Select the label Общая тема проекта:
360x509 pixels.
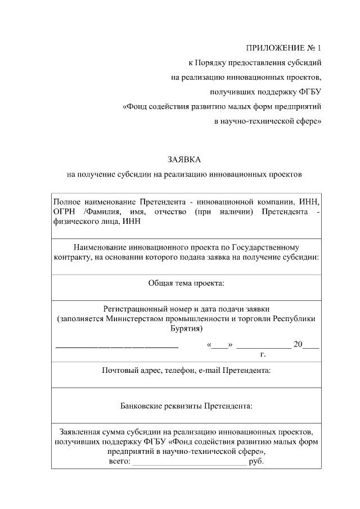186,283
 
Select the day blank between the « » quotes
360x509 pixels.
220,345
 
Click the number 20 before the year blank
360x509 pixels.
298,344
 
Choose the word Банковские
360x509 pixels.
143,405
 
